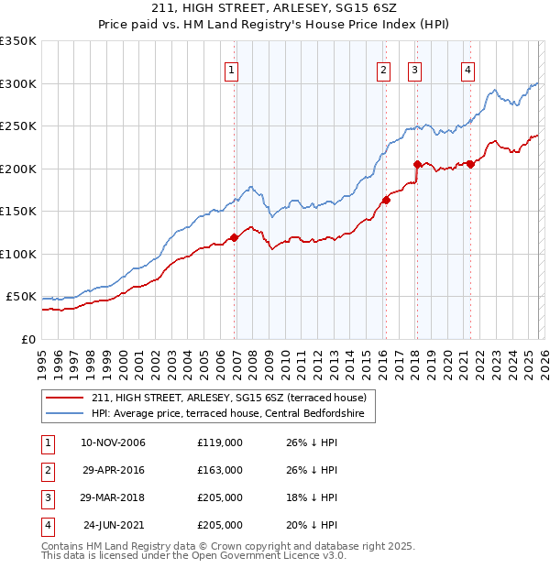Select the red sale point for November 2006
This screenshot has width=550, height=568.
pos(234,237)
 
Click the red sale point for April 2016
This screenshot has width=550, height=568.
pos(387,200)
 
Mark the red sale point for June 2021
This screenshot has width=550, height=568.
pos(470,164)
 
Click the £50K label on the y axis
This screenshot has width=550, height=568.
pos(22,297)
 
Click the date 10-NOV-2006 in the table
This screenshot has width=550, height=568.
pos(113,442)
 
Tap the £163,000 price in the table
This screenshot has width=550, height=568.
pos(220,470)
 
